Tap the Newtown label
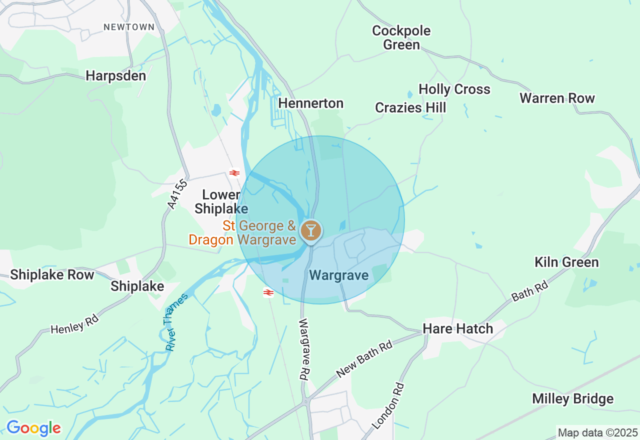pyautogui.click(x=129, y=27)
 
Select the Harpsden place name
pyautogui.click(x=116, y=75)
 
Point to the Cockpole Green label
pyautogui.click(x=401, y=37)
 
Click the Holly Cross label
pyautogui.click(x=454, y=89)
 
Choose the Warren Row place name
pyautogui.click(x=557, y=98)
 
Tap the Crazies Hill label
pyautogui.click(x=410, y=107)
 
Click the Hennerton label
pyautogui.click(x=311, y=103)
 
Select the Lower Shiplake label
pyautogui.click(x=221, y=201)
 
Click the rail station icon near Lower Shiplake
pyautogui.click(x=234, y=173)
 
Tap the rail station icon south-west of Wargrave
pyautogui.click(x=268, y=292)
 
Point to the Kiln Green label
pyautogui.click(x=566, y=262)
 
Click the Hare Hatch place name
pyautogui.click(x=458, y=328)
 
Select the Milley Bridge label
pyautogui.click(x=572, y=399)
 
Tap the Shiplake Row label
pyautogui.click(x=52, y=274)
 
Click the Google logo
pyautogui.click(x=33, y=428)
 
